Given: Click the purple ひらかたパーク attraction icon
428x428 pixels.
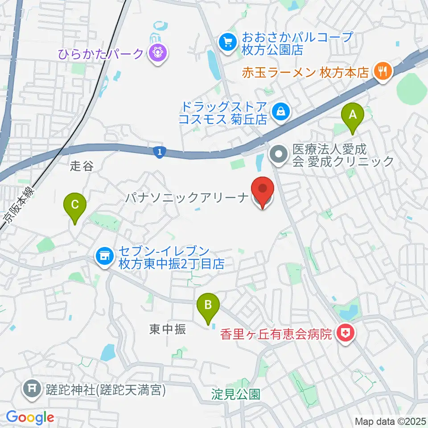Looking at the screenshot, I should point(156,54).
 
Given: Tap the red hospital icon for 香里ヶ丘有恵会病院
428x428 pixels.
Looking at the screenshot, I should point(344,333).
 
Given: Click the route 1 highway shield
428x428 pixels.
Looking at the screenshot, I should point(159,152).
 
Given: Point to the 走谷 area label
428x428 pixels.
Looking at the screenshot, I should point(82,167).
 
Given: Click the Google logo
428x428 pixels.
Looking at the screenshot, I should point(30,417).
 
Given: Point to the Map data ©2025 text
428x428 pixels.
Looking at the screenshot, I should point(390,421).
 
